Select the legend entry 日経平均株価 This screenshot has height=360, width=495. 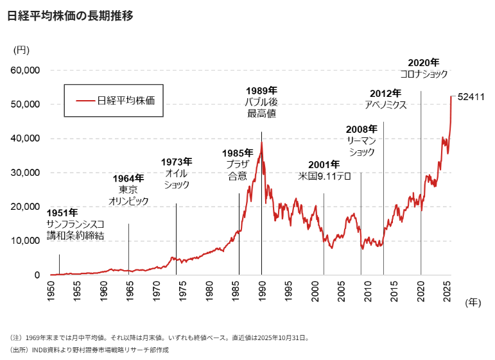tap(126, 100)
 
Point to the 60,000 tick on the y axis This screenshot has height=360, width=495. tap(26, 70)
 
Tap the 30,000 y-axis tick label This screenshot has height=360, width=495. tap(26, 173)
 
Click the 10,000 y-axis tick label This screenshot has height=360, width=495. tap(26, 241)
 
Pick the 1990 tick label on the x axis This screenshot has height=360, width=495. tap(262, 291)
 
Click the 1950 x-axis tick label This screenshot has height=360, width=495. tap(50, 291)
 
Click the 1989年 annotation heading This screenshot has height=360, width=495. tap(261, 90)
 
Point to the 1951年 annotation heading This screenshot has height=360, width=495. tap(63, 212)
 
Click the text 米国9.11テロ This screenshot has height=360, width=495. tap(324, 176)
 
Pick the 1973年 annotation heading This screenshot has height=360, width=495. tap(177, 162)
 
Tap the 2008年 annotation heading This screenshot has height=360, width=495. tap(361, 129)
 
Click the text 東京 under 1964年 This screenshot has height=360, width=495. tap(128, 190)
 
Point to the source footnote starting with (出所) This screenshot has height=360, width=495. tap(89, 350)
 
